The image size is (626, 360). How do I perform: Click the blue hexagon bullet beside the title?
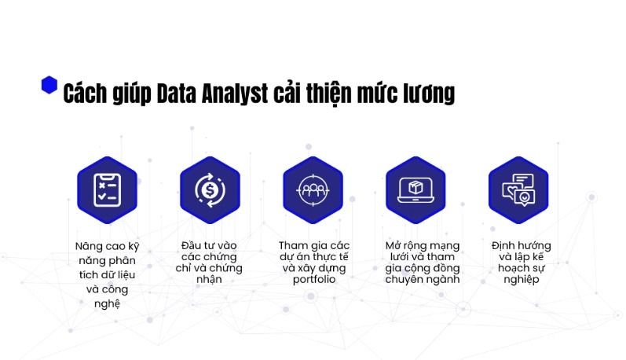pos(49,85)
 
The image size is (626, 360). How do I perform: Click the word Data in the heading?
pos(176,94)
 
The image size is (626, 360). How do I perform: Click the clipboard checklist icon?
pos(107,190)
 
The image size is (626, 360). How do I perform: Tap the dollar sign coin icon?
pos(210,190)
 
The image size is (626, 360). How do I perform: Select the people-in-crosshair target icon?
pos(313,190)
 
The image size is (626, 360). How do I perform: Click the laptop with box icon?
pos(416,190)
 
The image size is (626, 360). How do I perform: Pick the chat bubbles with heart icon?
pos(518,190)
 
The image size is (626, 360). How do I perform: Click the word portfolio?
pos(314,279)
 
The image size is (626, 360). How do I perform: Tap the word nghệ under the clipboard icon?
pos(107,304)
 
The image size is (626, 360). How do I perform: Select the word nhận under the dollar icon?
pos(209,279)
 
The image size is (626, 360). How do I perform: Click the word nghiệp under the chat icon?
pos(522,279)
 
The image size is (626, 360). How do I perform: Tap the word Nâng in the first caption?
pos(87,246)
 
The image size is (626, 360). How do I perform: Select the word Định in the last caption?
pos(503,245)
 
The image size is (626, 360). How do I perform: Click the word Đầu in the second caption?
pos(191,245)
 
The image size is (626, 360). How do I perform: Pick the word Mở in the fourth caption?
pos(394,245)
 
